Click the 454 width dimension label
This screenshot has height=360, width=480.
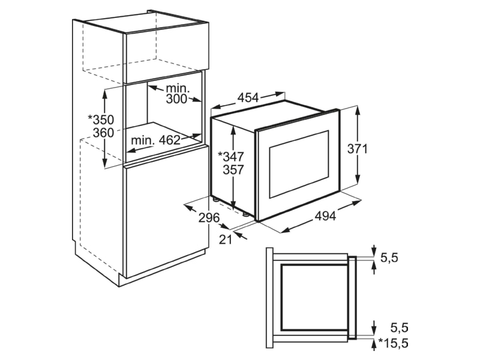coord(248,98)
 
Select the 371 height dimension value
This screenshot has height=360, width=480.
coord(357,149)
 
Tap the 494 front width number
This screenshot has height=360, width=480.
coord(325,216)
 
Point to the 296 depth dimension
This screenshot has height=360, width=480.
coord(209,218)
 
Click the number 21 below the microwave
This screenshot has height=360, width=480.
coord(226,239)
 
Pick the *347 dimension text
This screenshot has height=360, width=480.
coord(230,157)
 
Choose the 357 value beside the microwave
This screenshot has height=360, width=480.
coord(233,170)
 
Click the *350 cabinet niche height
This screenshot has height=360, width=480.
coord(101,119)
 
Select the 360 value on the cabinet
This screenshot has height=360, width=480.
coord(103,133)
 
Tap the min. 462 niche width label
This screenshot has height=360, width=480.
coord(156,140)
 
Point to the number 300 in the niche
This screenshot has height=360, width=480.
coord(176,99)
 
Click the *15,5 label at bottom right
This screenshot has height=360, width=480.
coord(394,343)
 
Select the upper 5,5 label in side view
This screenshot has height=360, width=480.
coord(389,258)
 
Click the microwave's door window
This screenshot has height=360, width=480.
coord(299,164)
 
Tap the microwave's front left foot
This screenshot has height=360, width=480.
coord(245,214)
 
